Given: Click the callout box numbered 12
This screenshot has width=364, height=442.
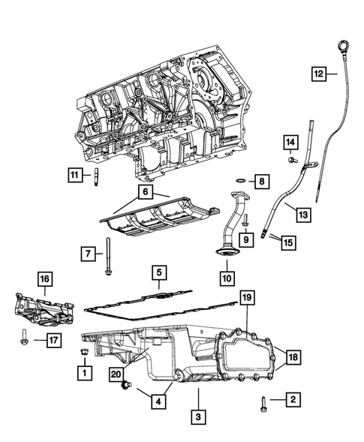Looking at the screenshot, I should tap(319, 74).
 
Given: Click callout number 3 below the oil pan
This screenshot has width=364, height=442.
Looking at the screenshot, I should tap(197, 414).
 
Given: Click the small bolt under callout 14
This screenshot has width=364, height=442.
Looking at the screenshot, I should tap(290, 158).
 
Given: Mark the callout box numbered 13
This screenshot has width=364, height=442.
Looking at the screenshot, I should tap(302, 214).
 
